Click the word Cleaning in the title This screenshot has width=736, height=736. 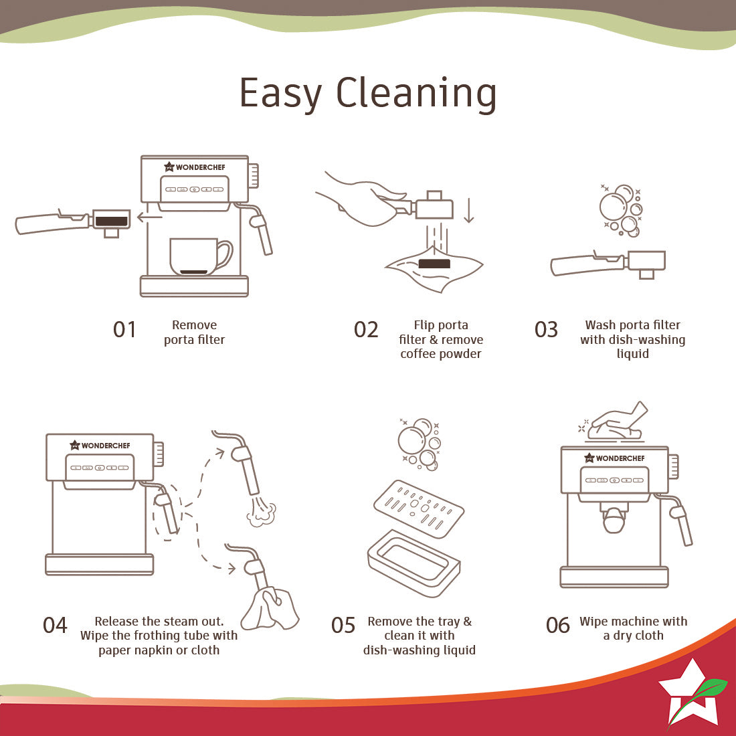coord(416,94)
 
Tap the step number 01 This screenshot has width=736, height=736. coord(124,329)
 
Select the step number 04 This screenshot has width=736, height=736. coord(55,625)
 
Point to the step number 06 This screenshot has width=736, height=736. coord(557,625)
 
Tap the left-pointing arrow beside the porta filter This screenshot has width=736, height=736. coord(149,217)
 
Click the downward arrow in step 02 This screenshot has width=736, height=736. coord(468,211)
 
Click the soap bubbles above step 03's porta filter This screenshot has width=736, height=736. coord(620,210)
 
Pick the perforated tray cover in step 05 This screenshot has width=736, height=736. coord(419,509)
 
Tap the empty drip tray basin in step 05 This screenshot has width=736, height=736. coord(413,563)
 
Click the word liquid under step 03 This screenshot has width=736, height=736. coord(633,354)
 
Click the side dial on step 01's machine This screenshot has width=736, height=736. coord(254,176)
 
